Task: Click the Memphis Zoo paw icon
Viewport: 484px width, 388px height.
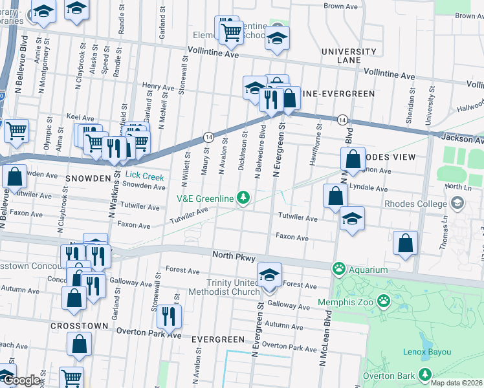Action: point(384,300)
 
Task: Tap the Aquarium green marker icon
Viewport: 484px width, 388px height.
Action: point(338,267)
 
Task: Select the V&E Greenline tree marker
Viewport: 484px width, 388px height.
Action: point(243,197)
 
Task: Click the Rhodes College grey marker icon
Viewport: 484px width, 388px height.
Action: point(458,204)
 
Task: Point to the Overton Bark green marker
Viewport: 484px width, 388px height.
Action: point(425,374)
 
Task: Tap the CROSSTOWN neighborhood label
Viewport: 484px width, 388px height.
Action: point(74,325)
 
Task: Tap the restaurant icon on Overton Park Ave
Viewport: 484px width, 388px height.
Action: point(168,316)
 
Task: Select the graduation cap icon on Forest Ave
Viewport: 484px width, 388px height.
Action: point(270,274)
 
